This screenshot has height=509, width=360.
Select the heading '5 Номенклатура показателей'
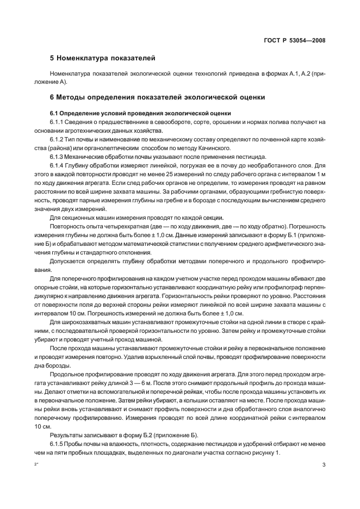point(97,57)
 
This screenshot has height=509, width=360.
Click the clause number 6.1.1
point(57,122)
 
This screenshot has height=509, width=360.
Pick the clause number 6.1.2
point(57,139)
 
